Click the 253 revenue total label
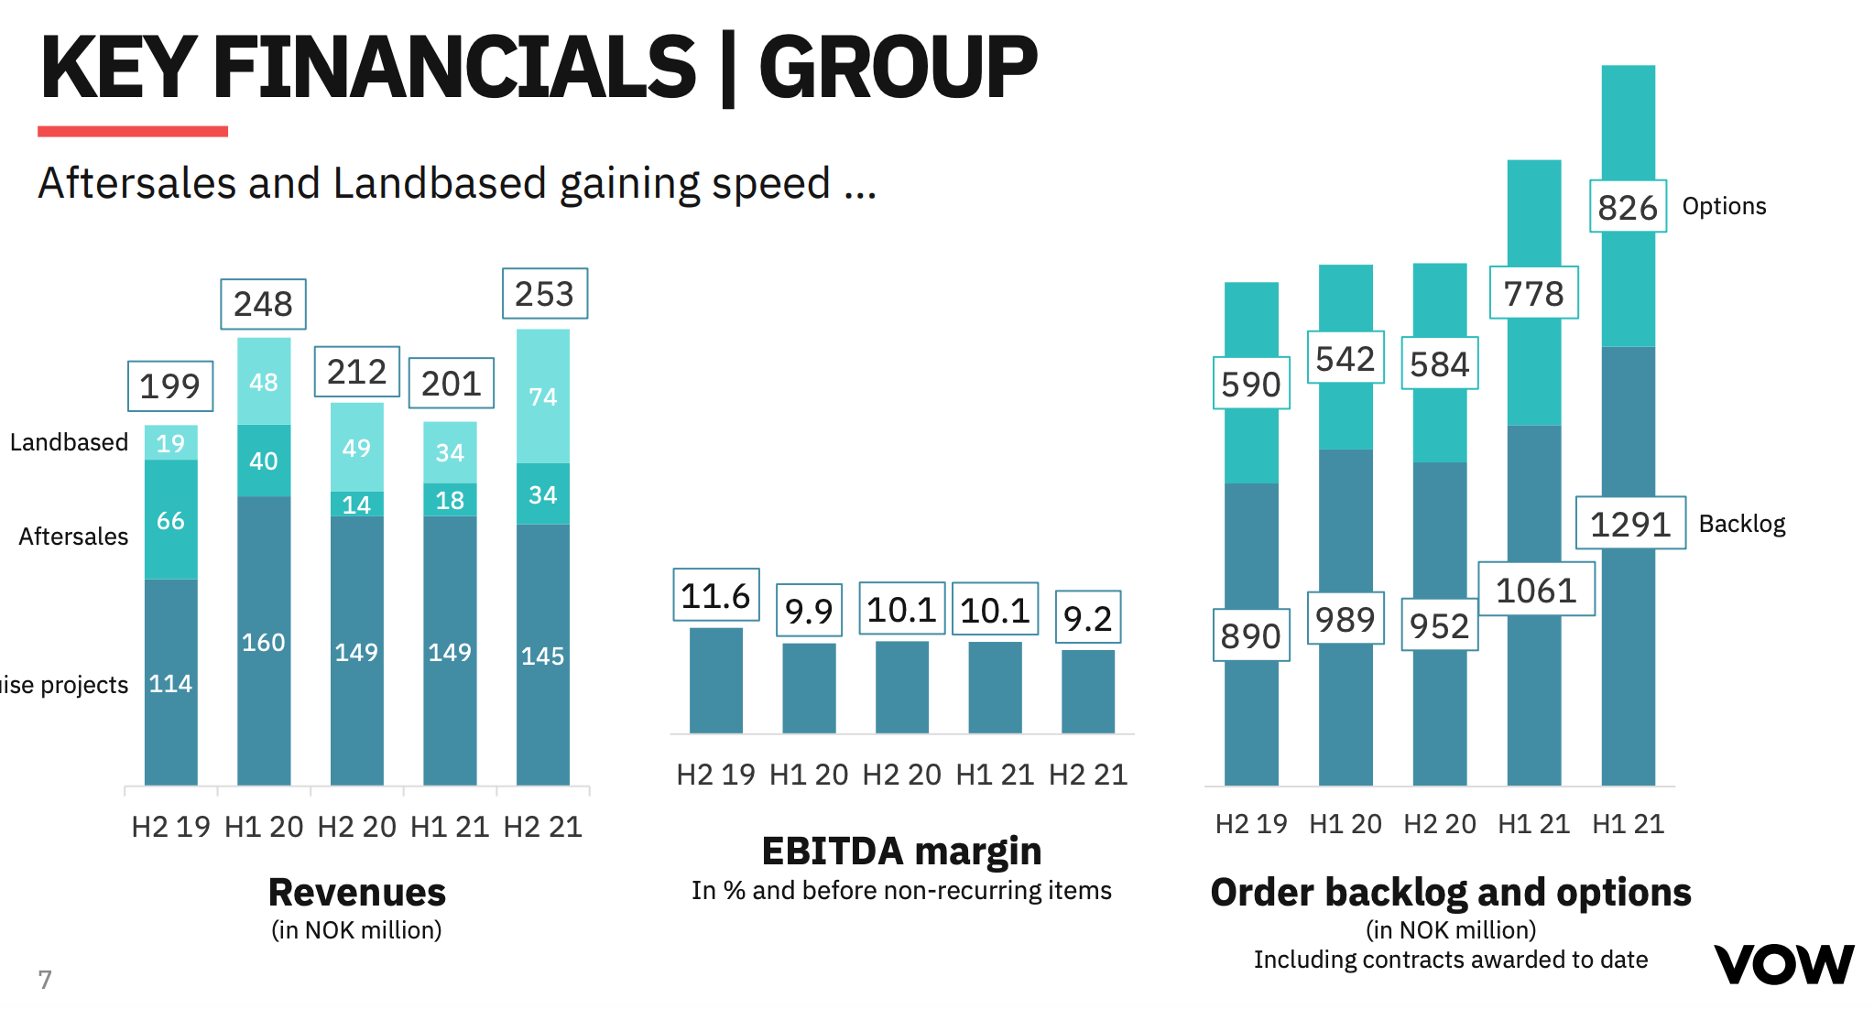tap(544, 294)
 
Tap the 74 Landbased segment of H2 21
tap(542, 396)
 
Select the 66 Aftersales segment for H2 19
tap(170, 520)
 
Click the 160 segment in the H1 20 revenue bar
tap(263, 642)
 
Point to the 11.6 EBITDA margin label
tap(715, 595)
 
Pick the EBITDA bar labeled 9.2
tap(1087, 691)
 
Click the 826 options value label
tap(1627, 207)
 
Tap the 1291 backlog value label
tap(1629, 524)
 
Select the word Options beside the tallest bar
tap(1724, 206)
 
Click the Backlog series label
tap(1741, 524)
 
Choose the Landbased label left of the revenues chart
tap(69, 442)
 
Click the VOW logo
tap(1783, 964)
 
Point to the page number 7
tap(45, 979)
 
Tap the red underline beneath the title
tap(133, 132)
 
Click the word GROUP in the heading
tap(897, 68)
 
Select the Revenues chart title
tap(356, 892)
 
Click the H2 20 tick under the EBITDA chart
tap(901, 775)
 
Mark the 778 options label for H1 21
tap(1533, 293)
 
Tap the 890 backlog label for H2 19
tap(1250, 635)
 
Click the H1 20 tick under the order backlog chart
tap(1345, 824)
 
